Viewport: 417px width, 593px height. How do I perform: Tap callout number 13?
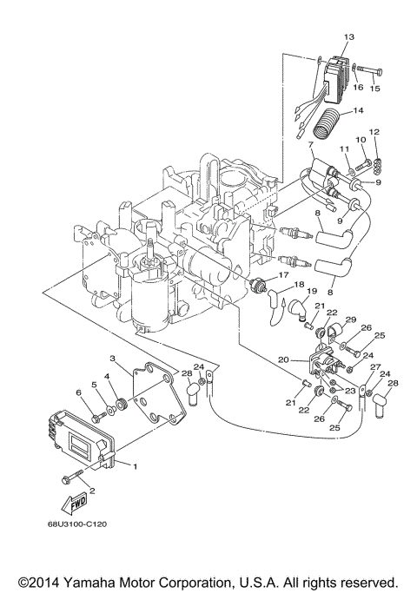[x=349, y=37]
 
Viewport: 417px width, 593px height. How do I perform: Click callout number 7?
[x=311, y=143]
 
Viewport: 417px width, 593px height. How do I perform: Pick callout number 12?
[x=375, y=132]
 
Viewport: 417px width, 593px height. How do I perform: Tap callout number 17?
[x=282, y=277]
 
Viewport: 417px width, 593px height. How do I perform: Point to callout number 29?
[x=351, y=321]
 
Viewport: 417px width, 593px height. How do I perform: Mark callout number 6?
[x=80, y=394]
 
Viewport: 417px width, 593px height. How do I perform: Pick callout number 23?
[x=349, y=392]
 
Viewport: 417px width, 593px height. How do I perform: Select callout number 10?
[x=360, y=140]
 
